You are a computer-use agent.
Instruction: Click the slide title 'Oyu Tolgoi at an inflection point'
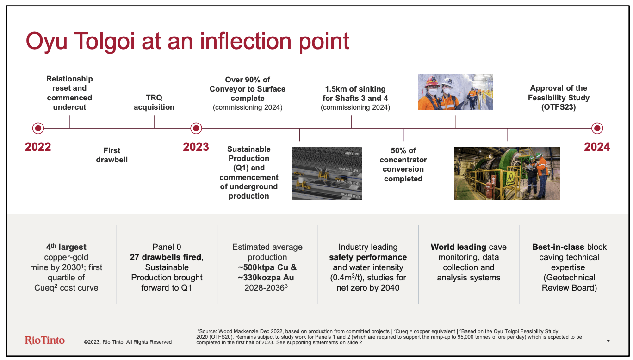click(187, 41)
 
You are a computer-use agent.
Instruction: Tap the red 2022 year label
click(38, 147)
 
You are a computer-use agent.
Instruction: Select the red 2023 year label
click(196, 147)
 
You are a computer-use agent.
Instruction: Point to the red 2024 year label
click(597, 147)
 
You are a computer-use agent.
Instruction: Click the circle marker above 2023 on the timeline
click(196, 128)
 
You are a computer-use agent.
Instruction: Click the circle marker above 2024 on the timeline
click(597, 128)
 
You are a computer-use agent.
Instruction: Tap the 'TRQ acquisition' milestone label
click(154, 102)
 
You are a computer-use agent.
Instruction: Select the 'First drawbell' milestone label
click(112, 155)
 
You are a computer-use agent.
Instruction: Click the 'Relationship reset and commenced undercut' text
click(69, 93)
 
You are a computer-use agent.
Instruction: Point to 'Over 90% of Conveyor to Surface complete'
click(248, 89)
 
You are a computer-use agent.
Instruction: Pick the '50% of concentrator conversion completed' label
click(403, 164)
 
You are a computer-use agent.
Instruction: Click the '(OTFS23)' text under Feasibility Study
click(559, 107)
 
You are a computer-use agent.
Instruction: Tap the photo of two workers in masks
click(455, 92)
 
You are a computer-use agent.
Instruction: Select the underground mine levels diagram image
click(327, 173)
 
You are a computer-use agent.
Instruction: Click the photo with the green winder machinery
click(507, 173)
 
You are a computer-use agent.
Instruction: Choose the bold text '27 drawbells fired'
click(166, 257)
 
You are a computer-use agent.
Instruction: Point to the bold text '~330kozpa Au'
click(267, 278)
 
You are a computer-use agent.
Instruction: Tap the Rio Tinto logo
click(45, 340)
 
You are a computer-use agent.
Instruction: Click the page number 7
click(608, 342)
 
